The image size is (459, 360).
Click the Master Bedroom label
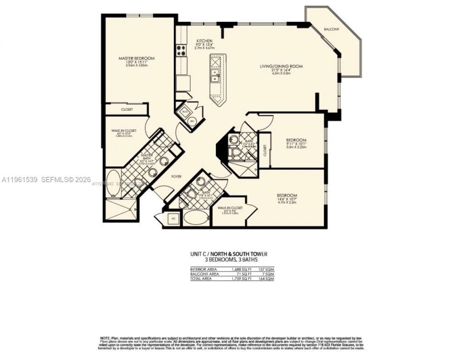(137, 59)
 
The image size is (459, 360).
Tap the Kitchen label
(204, 41)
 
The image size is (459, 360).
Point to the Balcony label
(331, 29)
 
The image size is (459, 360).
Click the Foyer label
(176, 177)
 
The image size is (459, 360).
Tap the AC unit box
(173, 218)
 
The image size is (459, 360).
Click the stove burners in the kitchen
(181, 50)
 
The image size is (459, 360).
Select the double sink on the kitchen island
(216, 76)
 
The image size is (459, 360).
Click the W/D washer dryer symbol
(185, 111)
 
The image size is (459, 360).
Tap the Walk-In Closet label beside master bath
(123, 131)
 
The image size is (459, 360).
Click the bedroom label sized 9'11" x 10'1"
(296, 140)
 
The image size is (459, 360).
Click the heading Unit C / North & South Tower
(228, 254)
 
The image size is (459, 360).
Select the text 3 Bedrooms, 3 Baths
(228, 259)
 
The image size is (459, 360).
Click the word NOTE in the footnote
(105, 338)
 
